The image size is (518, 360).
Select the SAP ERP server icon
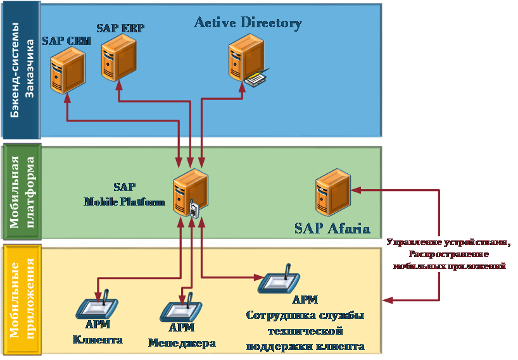point(118,57)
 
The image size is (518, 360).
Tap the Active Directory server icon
point(246,59)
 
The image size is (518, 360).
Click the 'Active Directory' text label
point(248,23)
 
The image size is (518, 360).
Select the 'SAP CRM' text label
point(66,41)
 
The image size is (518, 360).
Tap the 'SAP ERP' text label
point(121,28)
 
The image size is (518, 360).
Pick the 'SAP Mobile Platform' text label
point(124,194)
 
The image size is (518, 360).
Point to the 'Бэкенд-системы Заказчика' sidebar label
point(21,70)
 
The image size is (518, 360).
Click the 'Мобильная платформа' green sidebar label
point(22,193)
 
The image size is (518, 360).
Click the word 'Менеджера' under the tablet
point(182,343)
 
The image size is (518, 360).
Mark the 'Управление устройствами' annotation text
point(449,242)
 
